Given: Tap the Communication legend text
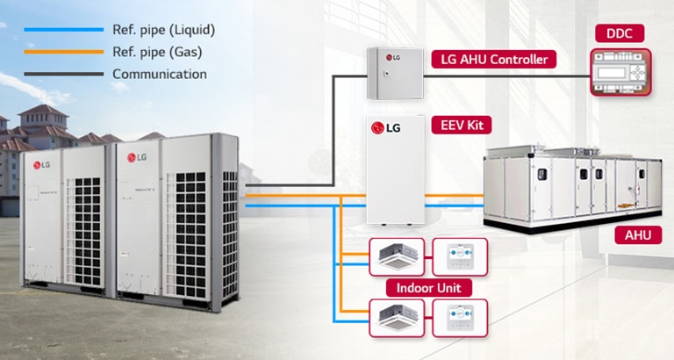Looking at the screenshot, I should pyautogui.click(x=159, y=74).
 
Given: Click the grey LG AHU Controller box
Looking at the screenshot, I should pyautogui.click(x=391, y=75).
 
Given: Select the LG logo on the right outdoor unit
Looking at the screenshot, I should pyautogui.click(x=137, y=157).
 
